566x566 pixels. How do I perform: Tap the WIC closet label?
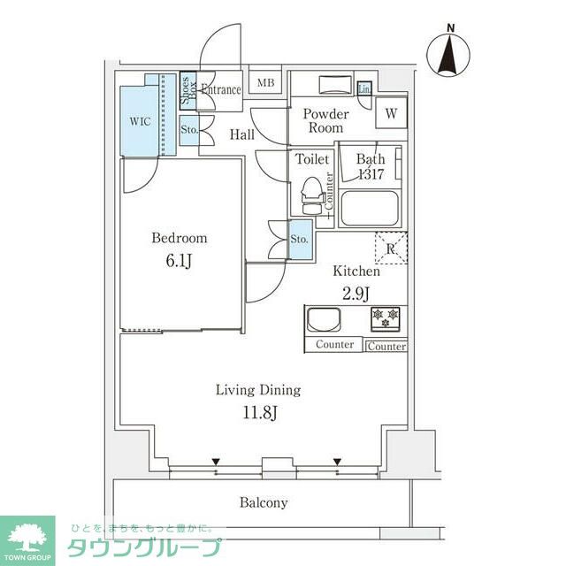tap(140, 121)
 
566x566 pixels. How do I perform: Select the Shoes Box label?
tap(187, 89)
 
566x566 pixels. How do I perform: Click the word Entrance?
tap(220, 89)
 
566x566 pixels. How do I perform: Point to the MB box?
tap(265, 84)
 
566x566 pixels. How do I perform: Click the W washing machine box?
tap(390, 113)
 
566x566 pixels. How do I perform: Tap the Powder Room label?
tap(326, 121)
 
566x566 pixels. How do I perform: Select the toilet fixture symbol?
tap(310, 195)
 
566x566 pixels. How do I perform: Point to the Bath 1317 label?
tap(370, 166)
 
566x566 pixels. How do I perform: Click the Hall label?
tap(242, 134)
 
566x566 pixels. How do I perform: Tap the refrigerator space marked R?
tap(390, 248)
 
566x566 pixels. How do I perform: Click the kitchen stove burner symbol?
tap(386, 315)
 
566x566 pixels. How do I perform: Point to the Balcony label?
tap(264, 502)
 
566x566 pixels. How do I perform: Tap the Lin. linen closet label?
tap(363, 88)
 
